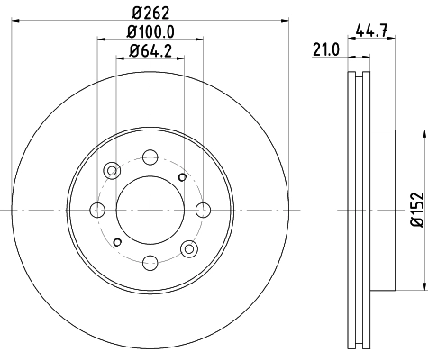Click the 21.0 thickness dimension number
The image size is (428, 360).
[323, 52]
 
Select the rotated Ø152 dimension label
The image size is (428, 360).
[416, 209]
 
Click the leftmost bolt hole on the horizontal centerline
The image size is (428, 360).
[96, 210]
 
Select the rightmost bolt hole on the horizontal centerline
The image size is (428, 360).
[201, 210]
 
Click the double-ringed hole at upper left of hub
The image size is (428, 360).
[112, 170]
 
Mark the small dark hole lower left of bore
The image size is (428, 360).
[117, 242]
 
